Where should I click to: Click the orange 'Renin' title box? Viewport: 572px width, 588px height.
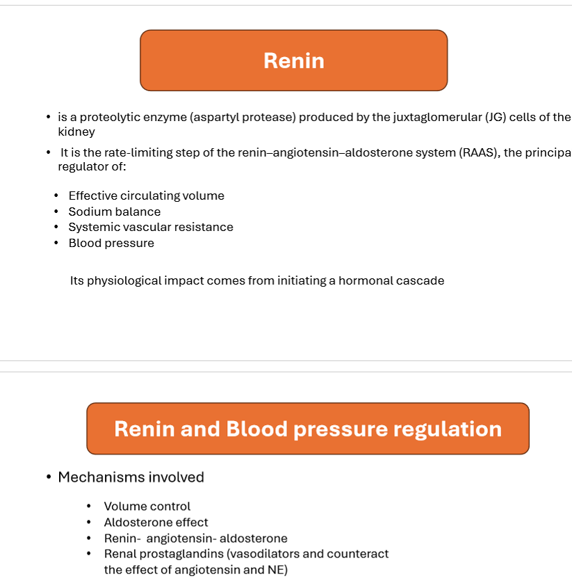coord(293,61)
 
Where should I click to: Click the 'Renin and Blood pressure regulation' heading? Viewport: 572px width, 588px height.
coord(307,429)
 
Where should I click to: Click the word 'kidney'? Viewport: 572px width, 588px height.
coord(76,132)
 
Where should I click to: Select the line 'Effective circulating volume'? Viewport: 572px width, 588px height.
coord(146,196)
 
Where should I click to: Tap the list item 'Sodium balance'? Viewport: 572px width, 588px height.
coord(114,212)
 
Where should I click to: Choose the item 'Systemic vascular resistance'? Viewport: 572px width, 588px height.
coord(151,228)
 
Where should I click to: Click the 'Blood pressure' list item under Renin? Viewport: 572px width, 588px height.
coord(111,243)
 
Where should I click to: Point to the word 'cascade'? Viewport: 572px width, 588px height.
coord(422,281)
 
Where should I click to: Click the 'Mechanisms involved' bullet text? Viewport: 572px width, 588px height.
coord(131,477)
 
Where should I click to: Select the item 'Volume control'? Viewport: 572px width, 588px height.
coord(147,507)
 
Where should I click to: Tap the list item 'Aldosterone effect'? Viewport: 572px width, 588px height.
coord(156,523)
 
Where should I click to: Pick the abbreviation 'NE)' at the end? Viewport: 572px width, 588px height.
coord(278,570)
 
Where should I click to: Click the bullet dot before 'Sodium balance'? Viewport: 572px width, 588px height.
coord(56,212)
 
